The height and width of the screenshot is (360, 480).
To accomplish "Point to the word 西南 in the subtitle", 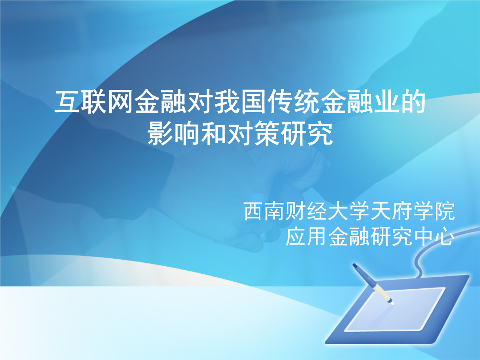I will coord(265,212).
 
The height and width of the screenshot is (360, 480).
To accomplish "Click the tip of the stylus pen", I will coord(392,303).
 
